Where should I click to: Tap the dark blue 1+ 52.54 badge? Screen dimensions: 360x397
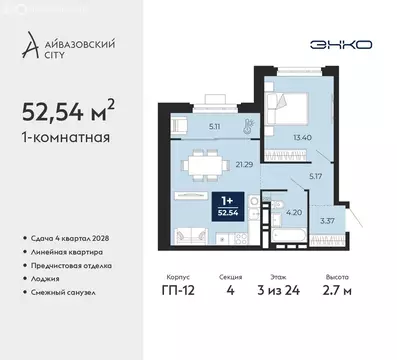232,205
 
